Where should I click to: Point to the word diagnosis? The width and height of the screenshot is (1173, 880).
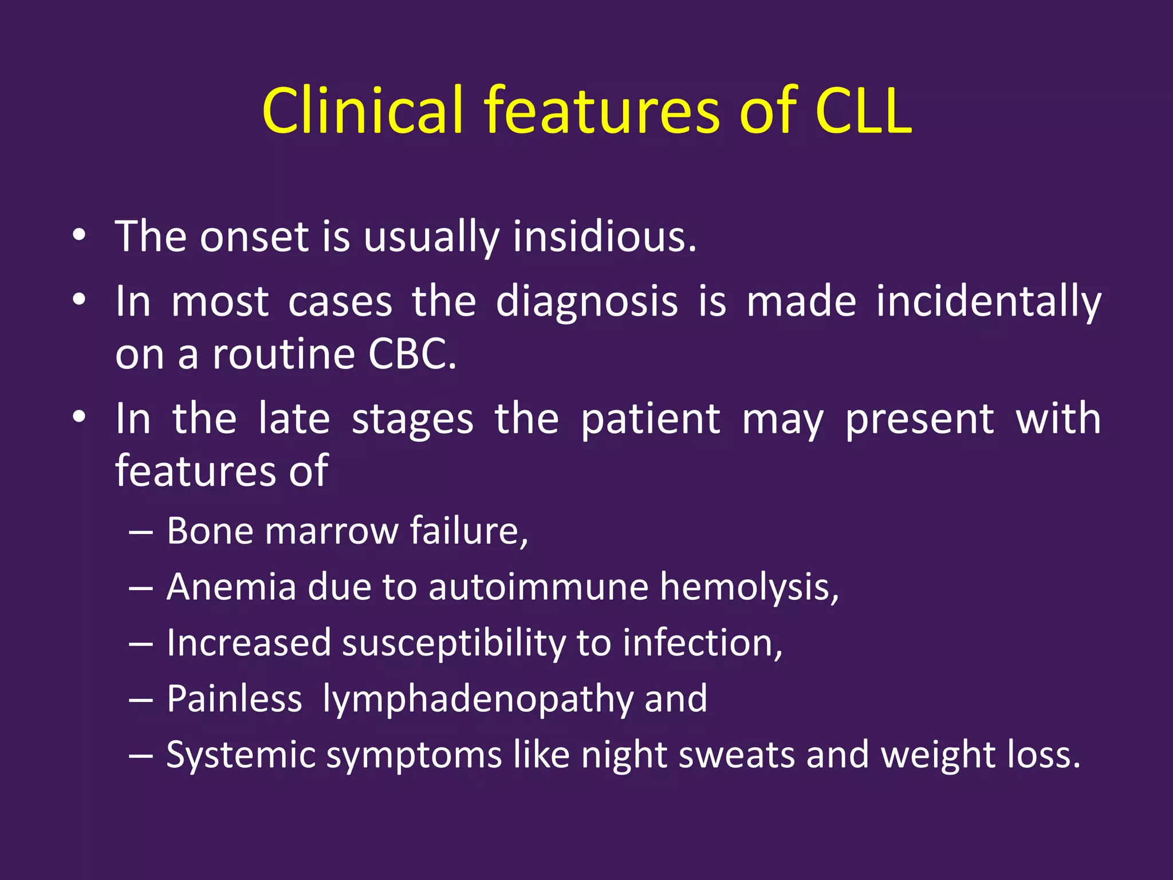(586, 302)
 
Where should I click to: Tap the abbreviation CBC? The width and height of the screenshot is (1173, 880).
(412, 354)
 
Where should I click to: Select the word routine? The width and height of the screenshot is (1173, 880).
(284, 354)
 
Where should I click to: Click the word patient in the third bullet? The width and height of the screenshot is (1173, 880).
(650, 419)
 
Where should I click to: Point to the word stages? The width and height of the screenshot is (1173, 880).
(412, 419)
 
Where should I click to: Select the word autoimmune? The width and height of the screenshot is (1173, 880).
(538, 587)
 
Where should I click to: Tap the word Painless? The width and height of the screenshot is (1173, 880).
(234, 699)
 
